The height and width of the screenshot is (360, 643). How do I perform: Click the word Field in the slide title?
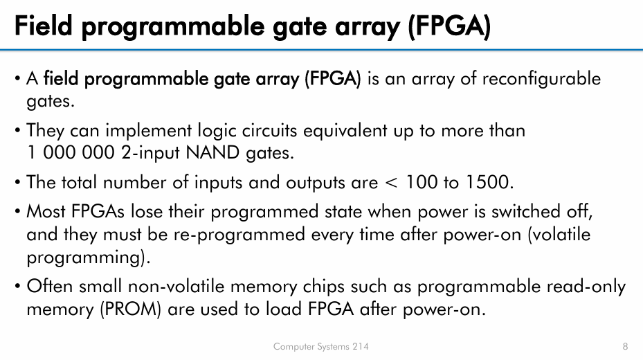pyautogui.click(x=44, y=26)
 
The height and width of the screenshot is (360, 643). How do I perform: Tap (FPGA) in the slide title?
pyautogui.click(x=449, y=27)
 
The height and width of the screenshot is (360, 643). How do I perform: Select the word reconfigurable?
pyautogui.click(x=541, y=79)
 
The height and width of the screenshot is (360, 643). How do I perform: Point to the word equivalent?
pyautogui.click(x=345, y=131)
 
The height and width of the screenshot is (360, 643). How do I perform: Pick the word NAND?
pyautogui.click(x=212, y=152)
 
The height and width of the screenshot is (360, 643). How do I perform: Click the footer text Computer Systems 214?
pyautogui.click(x=320, y=347)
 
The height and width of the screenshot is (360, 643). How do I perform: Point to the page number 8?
pyautogui.click(x=625, y=346)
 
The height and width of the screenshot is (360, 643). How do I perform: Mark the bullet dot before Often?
pyautogui.click(x=17, y=285)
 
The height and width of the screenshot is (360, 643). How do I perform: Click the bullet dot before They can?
pyautogui.click(x=17, y=130)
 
